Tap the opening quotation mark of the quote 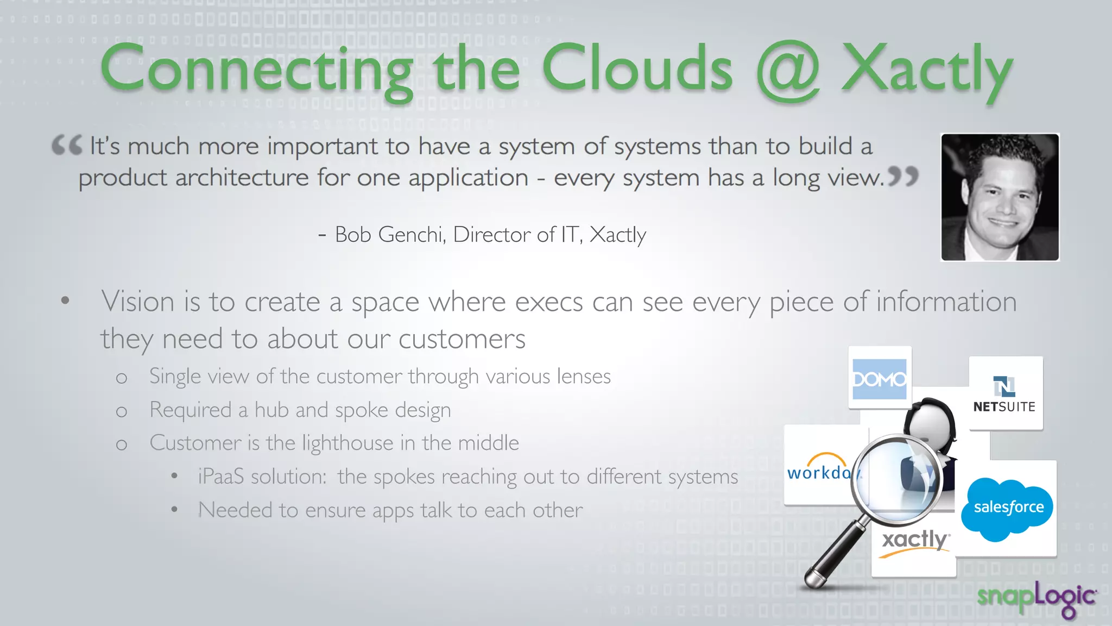pyautogui.click(x=67, y=145)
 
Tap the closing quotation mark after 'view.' pyautogui.click(x=903, y=176)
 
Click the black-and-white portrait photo pyautogui.click(x=1000, y=197)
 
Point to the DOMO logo pyautogui.click(x=880, y=379)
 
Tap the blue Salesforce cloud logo pyautogui.click(x=1008, y=508)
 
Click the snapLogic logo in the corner pyautogui.click(x=1036, y=598)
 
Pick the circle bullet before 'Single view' pyautogui.click(x=122, y=378)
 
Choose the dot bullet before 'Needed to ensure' pyautogui.click(x=174, y=510)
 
